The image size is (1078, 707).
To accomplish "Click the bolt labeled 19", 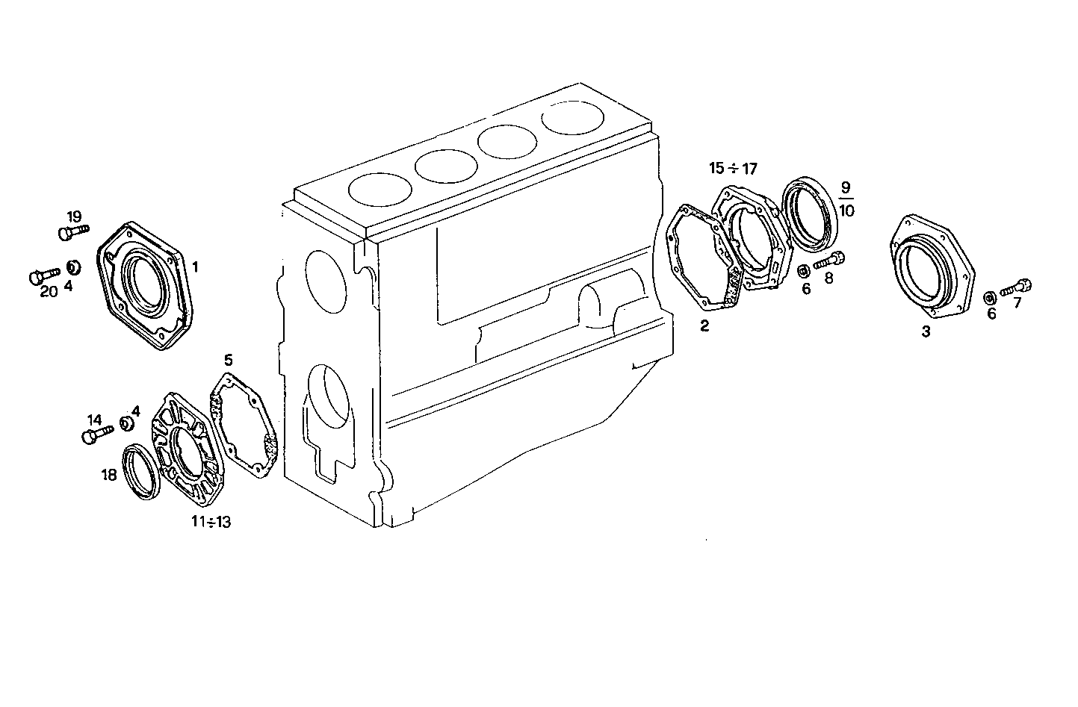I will [72, 232].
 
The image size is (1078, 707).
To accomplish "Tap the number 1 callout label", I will [195, 266].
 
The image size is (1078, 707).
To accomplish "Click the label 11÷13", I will [210, 522].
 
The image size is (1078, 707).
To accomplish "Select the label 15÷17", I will [733, 169].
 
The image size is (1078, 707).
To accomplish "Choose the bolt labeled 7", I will [1015, 287].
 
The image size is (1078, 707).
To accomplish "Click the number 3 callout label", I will [926, 331].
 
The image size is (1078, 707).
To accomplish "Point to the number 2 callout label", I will [704, 325].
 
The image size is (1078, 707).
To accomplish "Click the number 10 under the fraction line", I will [846, 211].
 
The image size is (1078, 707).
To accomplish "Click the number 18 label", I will [109, 474].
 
